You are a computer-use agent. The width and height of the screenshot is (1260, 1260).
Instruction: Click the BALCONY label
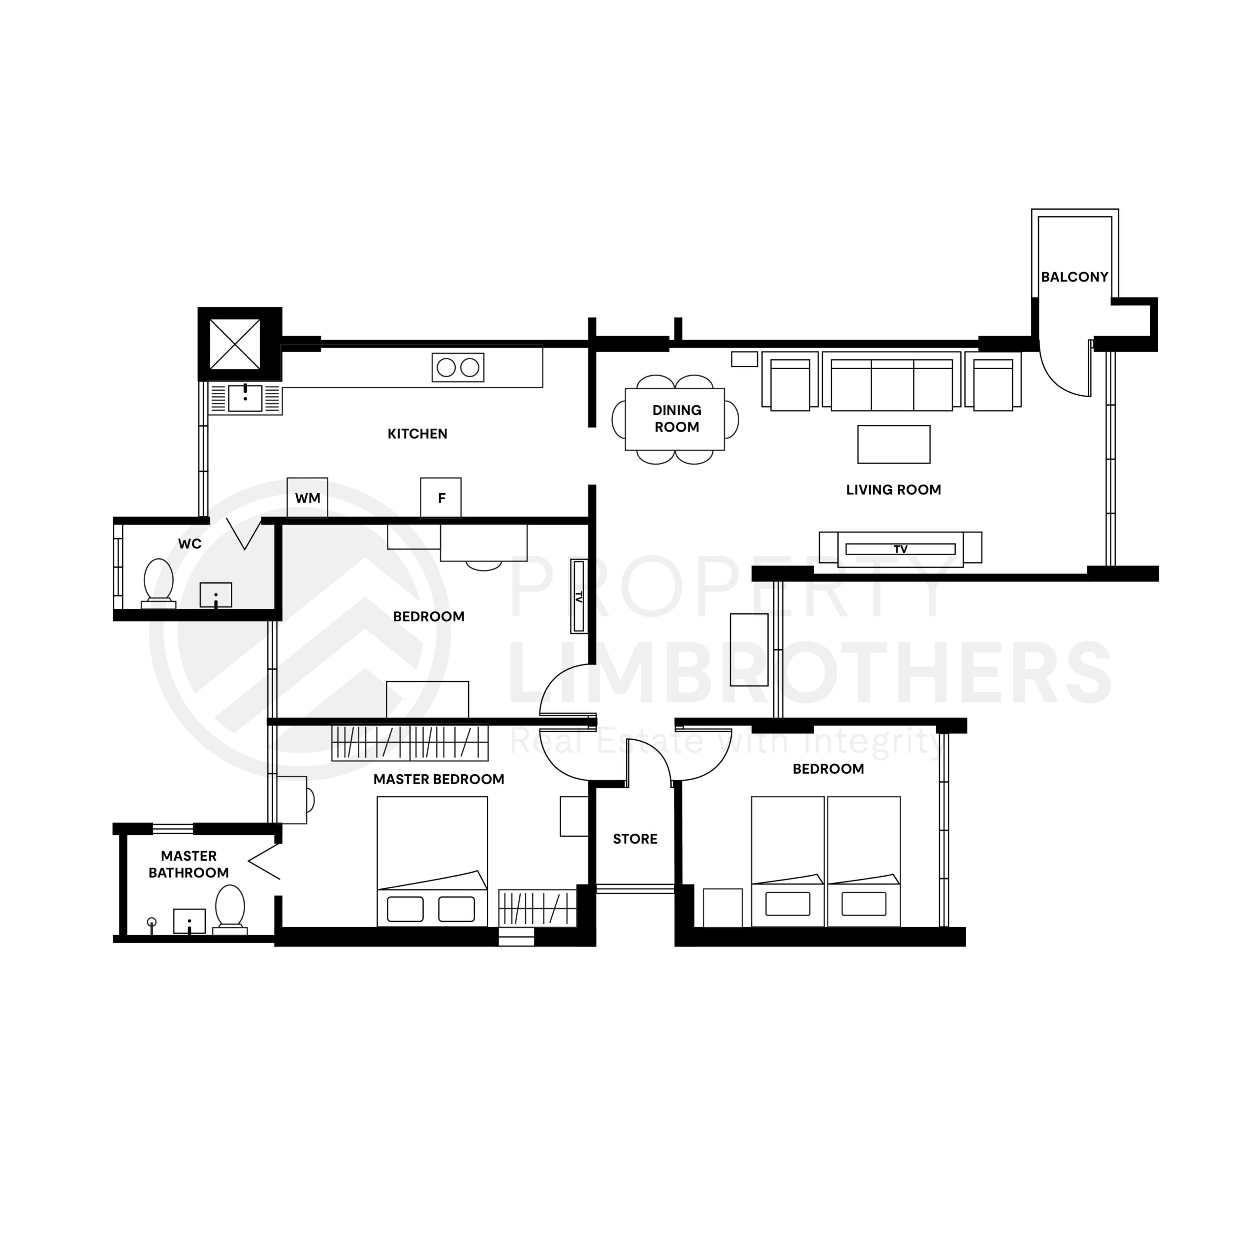pos(1074,277)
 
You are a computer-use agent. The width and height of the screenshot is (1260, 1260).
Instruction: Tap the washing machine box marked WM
pos(307,498)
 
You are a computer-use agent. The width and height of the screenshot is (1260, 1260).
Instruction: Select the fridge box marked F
pos(441,498)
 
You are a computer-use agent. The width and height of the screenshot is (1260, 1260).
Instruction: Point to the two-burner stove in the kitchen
pos(458,368)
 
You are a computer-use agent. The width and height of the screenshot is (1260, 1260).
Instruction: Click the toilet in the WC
pos(158,580)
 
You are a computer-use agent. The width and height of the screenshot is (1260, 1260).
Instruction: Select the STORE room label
pos(634,839)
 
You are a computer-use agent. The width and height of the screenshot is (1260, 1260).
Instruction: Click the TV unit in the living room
pos(900,548)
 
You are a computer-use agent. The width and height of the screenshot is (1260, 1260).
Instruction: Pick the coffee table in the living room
pos(893,444)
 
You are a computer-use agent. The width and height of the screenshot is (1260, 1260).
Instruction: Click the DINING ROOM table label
pos(676,418)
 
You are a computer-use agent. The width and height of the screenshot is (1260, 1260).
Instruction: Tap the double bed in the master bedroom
pos(432,860)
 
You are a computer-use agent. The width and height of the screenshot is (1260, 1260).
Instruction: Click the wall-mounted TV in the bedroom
pos(578,596)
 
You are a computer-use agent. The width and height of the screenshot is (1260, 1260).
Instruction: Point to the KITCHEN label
pos(417,434)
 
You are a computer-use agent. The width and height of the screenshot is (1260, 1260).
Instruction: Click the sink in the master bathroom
pos(189,921)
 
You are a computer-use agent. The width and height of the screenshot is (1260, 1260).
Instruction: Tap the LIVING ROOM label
pos(893,490)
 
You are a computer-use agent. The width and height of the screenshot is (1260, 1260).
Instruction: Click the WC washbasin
pos(215,595)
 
